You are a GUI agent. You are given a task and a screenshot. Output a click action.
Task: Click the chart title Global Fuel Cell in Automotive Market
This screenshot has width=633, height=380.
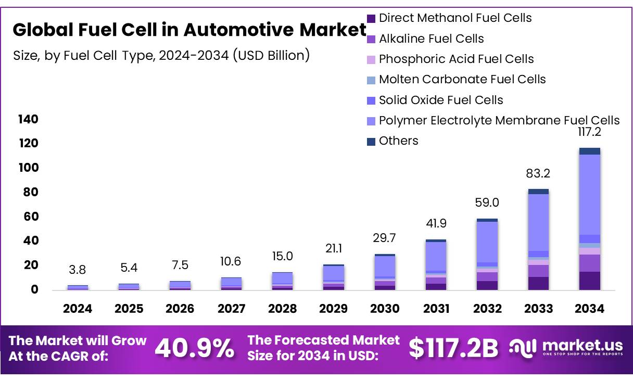(x=189, y=31)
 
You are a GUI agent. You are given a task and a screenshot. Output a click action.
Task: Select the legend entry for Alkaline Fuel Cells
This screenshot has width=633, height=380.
(x=431, y=39)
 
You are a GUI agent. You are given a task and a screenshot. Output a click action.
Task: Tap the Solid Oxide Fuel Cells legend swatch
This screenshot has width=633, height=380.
(x=371, y=100)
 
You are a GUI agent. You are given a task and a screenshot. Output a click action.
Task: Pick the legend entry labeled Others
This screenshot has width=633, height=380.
(x=398, y=141)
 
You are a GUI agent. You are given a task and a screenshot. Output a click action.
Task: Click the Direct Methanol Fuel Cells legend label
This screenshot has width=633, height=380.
(x=455, y=18)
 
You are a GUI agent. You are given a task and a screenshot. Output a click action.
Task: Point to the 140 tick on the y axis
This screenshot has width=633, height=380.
(x=28, y=119)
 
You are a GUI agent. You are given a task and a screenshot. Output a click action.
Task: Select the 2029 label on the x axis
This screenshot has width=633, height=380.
(x=334, y=309)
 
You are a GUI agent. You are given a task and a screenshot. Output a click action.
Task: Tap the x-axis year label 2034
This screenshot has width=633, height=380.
(x=590, y=309)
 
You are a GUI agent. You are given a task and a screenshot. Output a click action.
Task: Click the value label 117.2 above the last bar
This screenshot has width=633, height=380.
(x=589, y=133)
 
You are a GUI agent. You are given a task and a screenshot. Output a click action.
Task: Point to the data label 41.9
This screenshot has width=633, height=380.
(x=436, y=224)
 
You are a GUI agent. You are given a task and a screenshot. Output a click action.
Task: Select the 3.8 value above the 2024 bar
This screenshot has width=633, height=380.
(x=78, y=270)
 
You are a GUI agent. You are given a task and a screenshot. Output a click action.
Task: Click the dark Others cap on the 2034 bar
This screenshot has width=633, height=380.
(x=589, y=151)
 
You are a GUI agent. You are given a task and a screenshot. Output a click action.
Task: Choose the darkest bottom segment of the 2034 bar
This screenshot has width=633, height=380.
(x=589, y=281)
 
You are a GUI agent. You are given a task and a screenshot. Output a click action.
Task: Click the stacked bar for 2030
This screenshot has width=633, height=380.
(x=385, y=272)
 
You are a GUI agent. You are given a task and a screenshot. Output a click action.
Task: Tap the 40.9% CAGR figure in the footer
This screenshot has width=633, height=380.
(x=195, y=348)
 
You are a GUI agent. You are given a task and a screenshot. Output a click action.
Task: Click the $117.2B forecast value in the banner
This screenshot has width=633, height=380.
(x=453, y=348)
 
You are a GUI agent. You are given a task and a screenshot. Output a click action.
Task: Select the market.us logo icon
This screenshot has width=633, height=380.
(x=522, y=347)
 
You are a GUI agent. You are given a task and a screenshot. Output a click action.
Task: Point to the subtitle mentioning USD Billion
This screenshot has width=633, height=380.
(x=161, y=55)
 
